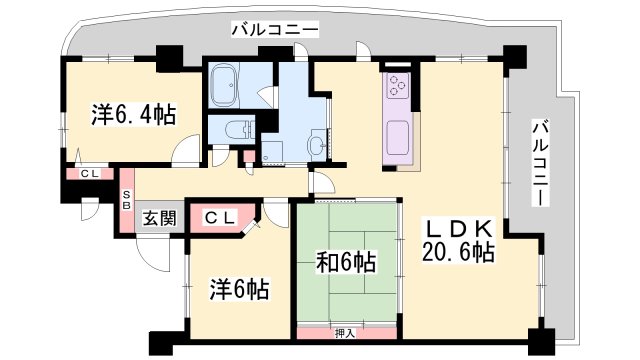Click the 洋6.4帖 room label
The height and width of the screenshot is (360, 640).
(133, 115)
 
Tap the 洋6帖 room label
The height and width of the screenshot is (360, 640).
(239, 289)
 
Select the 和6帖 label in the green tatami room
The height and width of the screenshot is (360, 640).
(346, 262)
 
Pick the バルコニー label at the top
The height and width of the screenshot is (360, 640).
(275, 30)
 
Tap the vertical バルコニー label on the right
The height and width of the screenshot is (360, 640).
(540, 162)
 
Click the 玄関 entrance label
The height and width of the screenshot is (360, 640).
(159, 219)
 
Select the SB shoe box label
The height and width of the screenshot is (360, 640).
(127, 200)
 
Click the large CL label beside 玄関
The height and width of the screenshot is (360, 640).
(220, 218)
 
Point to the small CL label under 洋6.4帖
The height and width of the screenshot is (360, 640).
(89, 173)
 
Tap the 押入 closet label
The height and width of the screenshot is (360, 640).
(345, 333)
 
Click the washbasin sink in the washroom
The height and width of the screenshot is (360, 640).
(318, 144)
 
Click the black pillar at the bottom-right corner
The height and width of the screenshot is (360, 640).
(541, 340)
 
